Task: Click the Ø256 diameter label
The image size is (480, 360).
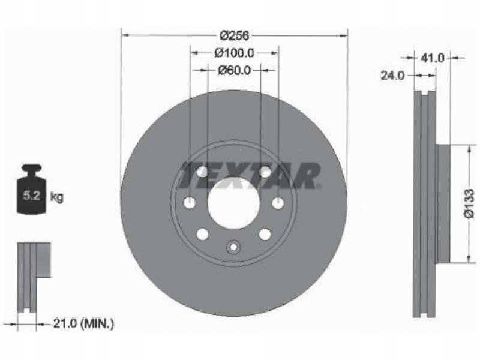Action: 235,36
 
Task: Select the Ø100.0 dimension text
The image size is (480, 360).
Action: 234,53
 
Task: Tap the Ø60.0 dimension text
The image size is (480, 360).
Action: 234,71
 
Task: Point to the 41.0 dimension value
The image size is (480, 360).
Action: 432,58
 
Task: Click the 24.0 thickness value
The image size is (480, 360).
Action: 392,76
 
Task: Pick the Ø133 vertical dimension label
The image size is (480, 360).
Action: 469,203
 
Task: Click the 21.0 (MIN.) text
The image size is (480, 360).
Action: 83,323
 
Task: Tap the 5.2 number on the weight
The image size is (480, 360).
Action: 32,196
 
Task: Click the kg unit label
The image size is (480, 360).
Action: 56,197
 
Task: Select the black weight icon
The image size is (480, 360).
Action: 31,189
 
